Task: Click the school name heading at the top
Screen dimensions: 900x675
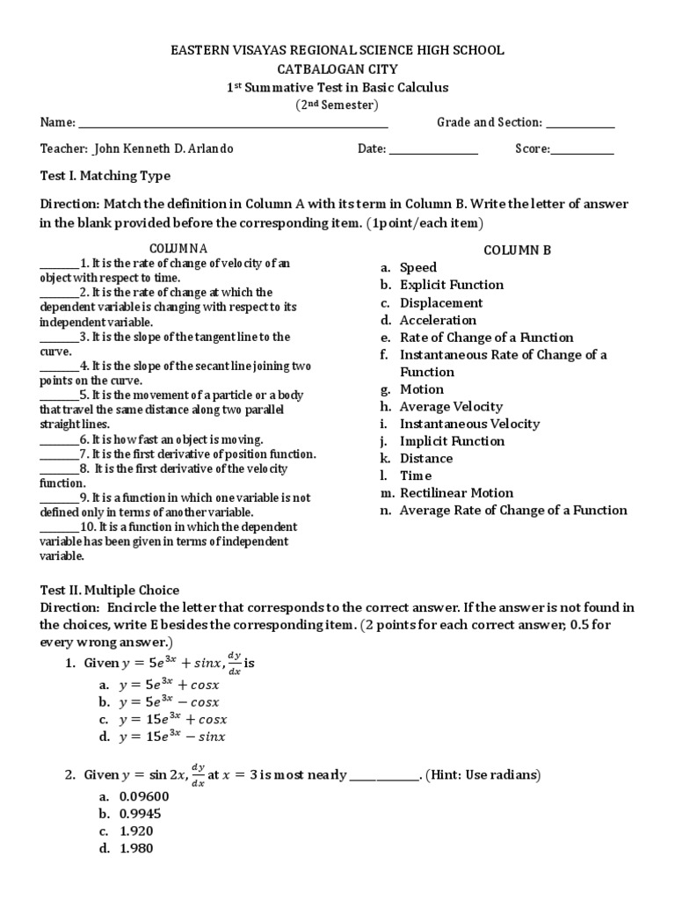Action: [x=337, y=51]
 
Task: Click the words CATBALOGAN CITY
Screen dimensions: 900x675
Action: [x=337, y=69]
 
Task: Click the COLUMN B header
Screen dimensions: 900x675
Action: [x=518, y=250]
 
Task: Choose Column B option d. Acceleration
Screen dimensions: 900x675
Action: [x=438, y=320]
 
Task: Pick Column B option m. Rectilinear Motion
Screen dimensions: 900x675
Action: [x=456, y=493]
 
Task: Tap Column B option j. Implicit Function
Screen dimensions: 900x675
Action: [x=452, y=441]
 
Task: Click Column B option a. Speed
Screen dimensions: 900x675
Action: [x=417, y=267]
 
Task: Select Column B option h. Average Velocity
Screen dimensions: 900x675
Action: [x=451, y=406]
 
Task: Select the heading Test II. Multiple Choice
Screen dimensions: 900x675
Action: [x=110, y=590]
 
